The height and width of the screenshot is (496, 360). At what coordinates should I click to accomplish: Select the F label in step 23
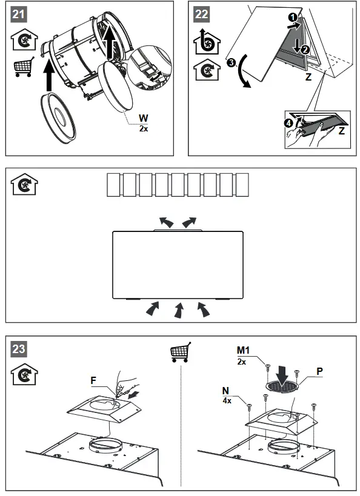coord(93,380)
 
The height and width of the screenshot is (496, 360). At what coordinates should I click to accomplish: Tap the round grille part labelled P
coord(282,385)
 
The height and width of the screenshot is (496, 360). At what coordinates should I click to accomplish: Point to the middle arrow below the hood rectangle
coord(179,311)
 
